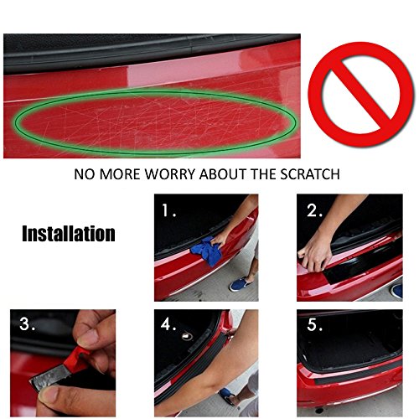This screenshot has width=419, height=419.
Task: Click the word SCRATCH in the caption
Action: click(310, 174)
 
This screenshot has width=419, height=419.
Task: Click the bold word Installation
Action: click(69, 234)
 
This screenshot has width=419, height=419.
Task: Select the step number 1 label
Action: click(169, 210)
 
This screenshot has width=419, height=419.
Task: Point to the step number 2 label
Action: click(315, 210)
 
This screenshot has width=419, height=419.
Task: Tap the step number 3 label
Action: click(28, 324)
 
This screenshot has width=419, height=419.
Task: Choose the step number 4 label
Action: click(168, 324)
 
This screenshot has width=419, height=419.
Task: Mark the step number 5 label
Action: click(315, 324)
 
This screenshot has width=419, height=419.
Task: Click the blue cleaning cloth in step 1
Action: click(207, 251)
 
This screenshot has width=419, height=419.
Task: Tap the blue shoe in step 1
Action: click(240, 284)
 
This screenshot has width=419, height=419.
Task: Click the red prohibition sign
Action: click(360, 94)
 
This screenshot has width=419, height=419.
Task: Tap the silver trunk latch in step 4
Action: click(188, 336)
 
